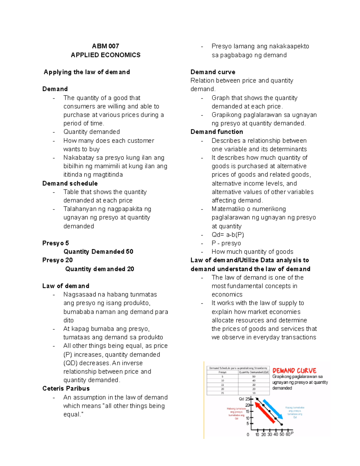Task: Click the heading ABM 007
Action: click(x=105, y=46)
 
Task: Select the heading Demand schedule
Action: click(x=70, y=183)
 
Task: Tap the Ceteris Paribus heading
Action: click(x=66, y=388)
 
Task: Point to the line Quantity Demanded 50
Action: click(x=98, y=251)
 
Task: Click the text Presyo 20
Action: click(x=57, y=260)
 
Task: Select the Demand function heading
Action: click(x=217, y=132)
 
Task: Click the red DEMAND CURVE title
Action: click(x=294, y=371)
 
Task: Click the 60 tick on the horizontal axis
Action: click(x=288, y=434)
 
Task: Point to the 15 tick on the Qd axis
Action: click(x=248, y=411)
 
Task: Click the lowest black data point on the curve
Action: click(x=282, y=424)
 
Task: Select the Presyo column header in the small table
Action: click(x=222, y=372)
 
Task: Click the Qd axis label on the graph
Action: click(x=241, y=399)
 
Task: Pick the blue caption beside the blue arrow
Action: click(x=295, y=412)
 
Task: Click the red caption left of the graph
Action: click(x=237, y=413)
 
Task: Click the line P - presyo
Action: click(x=226, y=243)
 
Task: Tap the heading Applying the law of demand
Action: click(x=87, y=72)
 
